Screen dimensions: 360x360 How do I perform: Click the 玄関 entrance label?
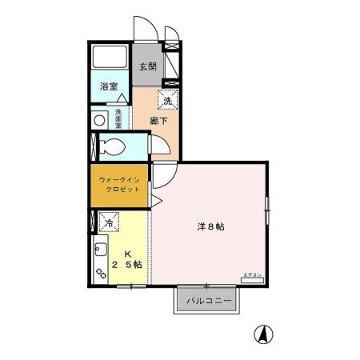coord(146,66)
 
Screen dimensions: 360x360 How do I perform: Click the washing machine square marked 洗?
coord(167,100)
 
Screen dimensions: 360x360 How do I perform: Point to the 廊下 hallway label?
coord(158,122)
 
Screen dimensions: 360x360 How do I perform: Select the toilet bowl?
coord(111,147)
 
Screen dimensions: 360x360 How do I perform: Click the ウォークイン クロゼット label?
coord(119,185)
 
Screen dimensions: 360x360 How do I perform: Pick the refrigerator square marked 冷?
coord(107,218)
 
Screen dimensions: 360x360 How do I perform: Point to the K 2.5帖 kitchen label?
coord(126,258)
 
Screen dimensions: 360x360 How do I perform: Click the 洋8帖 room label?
coord(210,226)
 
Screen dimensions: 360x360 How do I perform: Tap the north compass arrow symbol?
coord(261,334)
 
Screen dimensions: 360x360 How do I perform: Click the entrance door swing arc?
coord(142,26)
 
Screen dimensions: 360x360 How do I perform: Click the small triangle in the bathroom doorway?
coord(124,97)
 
